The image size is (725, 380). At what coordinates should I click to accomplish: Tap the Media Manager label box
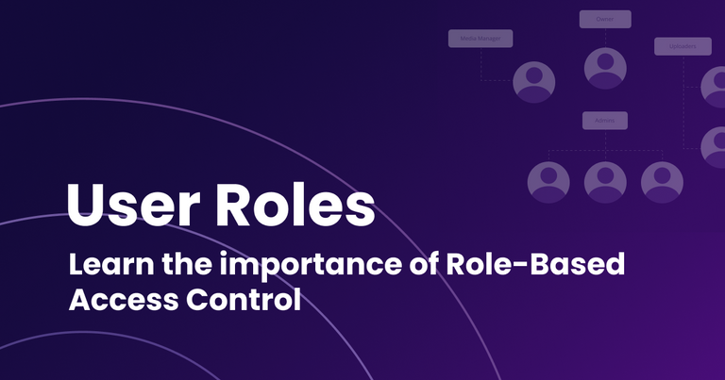pyautogui.click(x=481, y=39)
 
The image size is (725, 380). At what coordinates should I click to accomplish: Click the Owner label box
pyautogui.click(x=605, y=19)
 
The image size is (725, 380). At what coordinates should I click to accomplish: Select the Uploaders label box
pyautogui.click(x=682, y=46)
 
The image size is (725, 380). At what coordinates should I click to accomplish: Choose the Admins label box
pyautogui.click(x=605, y=121)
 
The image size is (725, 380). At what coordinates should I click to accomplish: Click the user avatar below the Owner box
pyautogui.click(x=605, y=68)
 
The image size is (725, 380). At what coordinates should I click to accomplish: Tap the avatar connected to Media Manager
pyautogui.click(x=533, y=82)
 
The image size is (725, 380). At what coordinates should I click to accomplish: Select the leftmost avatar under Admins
pyautogui.click(x=548, y=181)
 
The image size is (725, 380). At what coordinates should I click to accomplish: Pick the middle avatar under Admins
pyautogui.click(x=605, y=181)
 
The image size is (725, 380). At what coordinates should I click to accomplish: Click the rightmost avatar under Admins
pyautogui.click(x=661, y=181)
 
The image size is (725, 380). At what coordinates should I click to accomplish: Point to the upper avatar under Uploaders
pyautogui.click(x=716, y=87)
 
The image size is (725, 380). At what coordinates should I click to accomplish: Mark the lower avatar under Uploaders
pyautogui.click(x=716, y=146)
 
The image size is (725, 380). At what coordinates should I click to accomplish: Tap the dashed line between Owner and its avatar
pyautogui.click(x=605, y=37)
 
